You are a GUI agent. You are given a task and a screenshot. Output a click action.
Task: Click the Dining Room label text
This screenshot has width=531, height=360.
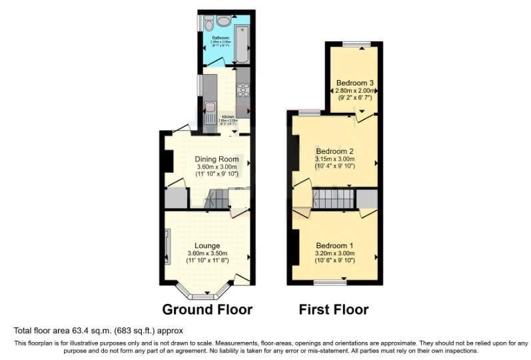217,159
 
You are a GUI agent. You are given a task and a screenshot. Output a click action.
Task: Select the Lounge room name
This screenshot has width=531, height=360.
207,245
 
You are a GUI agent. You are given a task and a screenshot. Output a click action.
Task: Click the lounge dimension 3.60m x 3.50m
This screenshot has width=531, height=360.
208,253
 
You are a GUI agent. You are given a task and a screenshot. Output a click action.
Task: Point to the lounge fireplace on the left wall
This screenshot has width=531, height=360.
168,245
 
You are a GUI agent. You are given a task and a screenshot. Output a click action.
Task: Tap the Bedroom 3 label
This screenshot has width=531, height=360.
354,83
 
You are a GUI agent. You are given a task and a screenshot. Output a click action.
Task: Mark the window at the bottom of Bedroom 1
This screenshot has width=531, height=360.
330,282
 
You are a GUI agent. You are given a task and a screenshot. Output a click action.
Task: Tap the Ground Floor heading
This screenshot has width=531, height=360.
208,309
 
